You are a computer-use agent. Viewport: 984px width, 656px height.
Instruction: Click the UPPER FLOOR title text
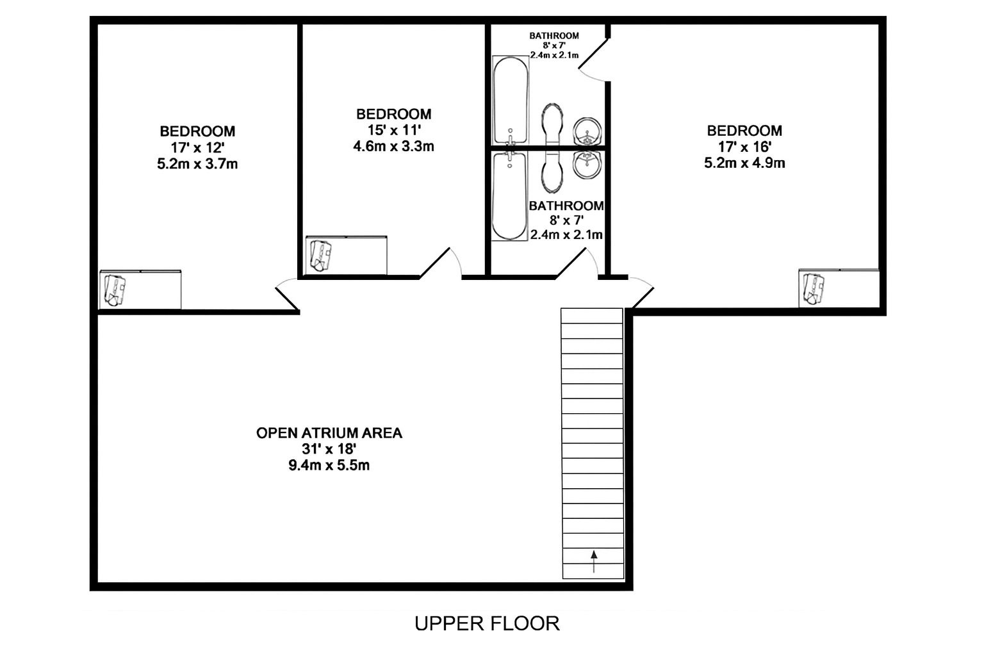pyautogui.click(x=487, y=623)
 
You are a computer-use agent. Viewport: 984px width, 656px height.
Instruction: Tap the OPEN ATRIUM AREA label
pyautogui.click(x=329, y=433)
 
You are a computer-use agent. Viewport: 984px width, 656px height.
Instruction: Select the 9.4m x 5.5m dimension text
pyautogui.click(x=329, y=465)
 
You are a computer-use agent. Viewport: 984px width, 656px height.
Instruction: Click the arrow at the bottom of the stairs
pyautogui.click(x=594, y=562)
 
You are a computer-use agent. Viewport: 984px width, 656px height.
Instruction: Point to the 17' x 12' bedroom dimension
pyautogui.click(x=198, y=147)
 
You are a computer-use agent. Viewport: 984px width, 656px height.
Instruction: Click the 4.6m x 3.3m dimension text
pyautogui.click(x=393, y=146)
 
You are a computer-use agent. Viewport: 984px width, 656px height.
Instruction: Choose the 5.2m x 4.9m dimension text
pyautogui.click(x=744, y=163)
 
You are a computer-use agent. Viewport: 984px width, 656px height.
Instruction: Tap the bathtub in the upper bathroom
pyautogui.click(x=510, y=100)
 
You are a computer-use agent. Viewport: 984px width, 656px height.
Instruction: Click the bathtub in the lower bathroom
pyautogui.click(x=509, y=196)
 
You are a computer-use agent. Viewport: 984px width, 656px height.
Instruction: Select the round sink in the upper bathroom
pyautogui.click(x=587, y=131)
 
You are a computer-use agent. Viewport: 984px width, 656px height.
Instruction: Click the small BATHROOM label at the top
pyautogui.click(x=554, y=36)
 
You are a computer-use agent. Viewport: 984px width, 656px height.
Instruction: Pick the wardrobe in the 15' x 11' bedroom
pyautogui.click(x=346, y=255)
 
